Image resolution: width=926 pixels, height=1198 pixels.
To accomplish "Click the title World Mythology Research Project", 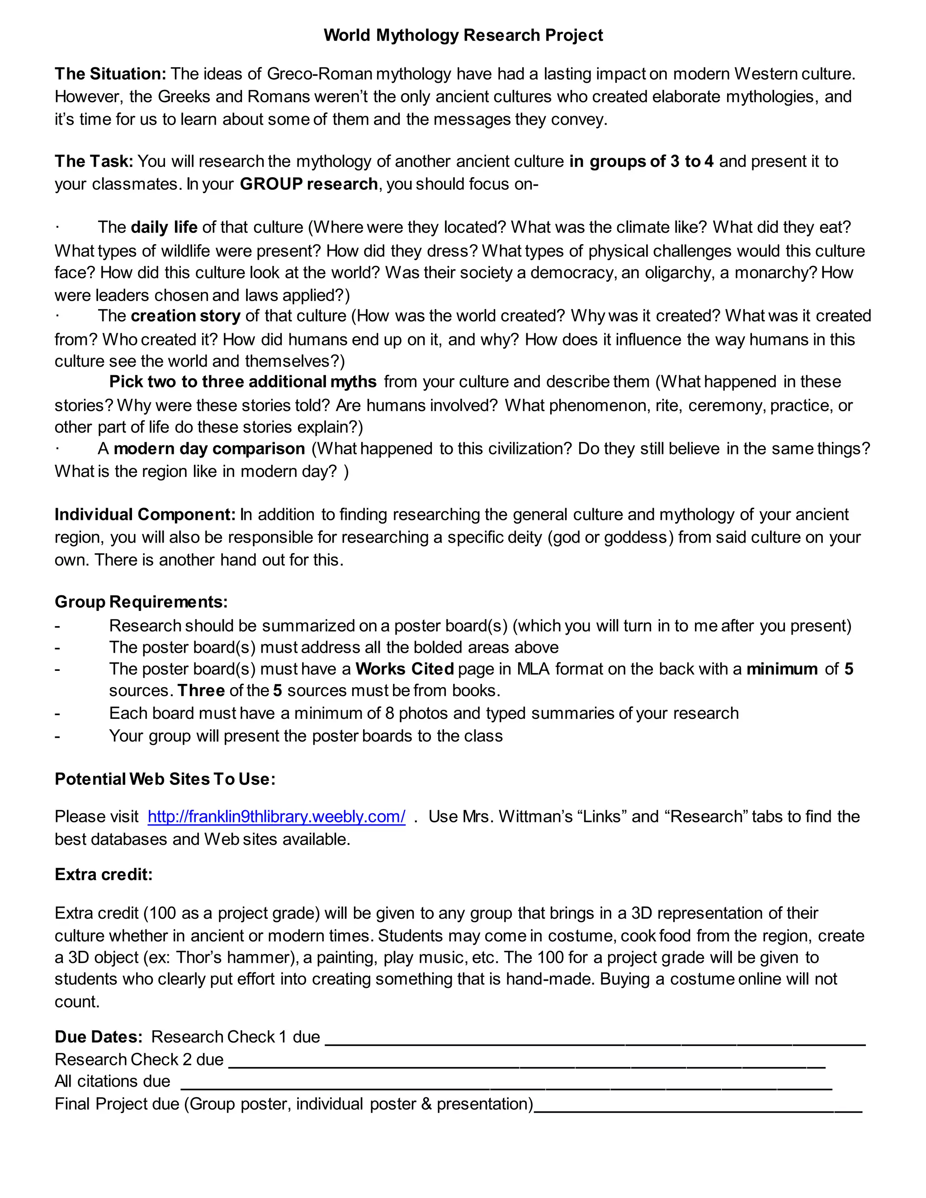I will [463, 35].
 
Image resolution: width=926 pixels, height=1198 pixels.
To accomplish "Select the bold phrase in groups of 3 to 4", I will [641, 161].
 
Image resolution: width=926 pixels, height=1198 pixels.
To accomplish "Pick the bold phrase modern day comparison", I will [209, 449].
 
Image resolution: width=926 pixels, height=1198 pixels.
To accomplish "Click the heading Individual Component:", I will [145, 514].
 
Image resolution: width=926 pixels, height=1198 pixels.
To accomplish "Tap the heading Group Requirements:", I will [141, 602].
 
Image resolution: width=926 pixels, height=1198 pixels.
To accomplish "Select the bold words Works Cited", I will [404, 669].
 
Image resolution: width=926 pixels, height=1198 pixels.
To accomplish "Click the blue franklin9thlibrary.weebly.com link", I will [276, 817].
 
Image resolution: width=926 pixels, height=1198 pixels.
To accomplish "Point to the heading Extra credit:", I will [104, 874].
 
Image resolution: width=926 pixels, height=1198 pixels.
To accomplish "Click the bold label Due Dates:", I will [99, 1037].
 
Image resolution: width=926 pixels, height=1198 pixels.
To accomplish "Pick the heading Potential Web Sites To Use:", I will [165, 779].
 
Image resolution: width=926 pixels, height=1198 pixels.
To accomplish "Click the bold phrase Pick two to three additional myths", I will [242, 382].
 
